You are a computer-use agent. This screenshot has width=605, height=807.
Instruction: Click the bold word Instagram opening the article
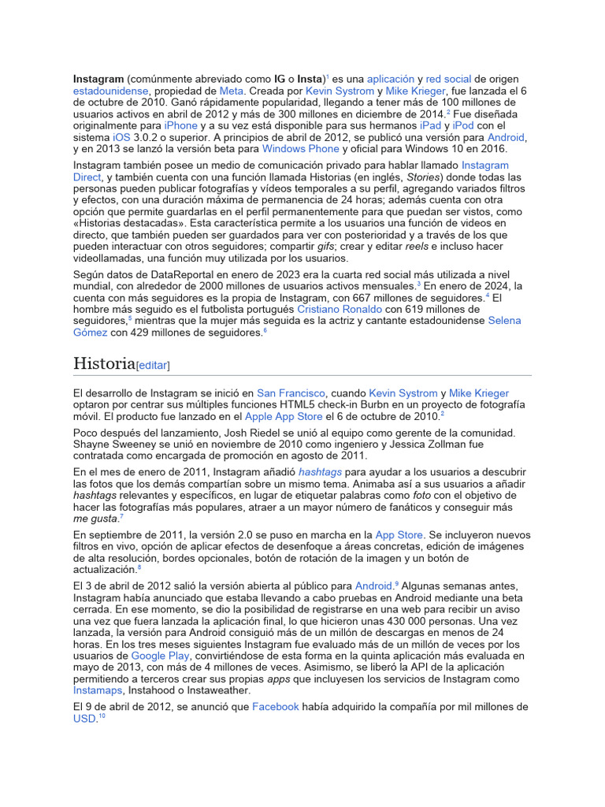pyautogui.click(x=98, y=80)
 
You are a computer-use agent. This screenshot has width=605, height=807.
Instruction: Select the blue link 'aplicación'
pyautogui.click(x=390, y=80)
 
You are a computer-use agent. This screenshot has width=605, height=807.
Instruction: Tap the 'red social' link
pyautogui.click(x=448, y=80)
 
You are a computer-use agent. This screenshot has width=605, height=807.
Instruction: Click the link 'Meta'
pyautogui.click(x=231, y=91)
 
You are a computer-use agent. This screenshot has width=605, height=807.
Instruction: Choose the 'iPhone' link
pyautogui.click(x=180, y=126)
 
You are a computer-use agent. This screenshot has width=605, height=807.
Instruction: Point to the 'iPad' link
pyautogui.click(x=430, y=126)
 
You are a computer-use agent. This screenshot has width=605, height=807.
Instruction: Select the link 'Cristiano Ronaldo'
pyautogui.click(x=340, y=310)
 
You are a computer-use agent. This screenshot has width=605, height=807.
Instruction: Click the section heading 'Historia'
pyautogui.click(x=104, y=363)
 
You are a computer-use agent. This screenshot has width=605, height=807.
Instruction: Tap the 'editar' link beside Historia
pyautogui.click(x=153, y=366)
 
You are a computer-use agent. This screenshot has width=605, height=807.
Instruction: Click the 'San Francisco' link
pyautogui.click(x=290, y=393)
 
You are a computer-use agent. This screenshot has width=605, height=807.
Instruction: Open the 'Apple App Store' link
pyautogui.click(x=283, y=416)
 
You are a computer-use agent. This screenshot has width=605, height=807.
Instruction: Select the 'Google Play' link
pyautogui.click(x=160, y=656)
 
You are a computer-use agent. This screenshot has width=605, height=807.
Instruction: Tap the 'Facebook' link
pyautogui.click(x=275, y=707)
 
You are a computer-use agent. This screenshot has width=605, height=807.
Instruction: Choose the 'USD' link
pyautogui.click(x=84, y=719)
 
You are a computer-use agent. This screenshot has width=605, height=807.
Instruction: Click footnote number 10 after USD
pyautogui.click(x=102, y=716)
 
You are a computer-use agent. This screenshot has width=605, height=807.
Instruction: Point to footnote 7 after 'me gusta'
pyautogui.click(x=121, y=516)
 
